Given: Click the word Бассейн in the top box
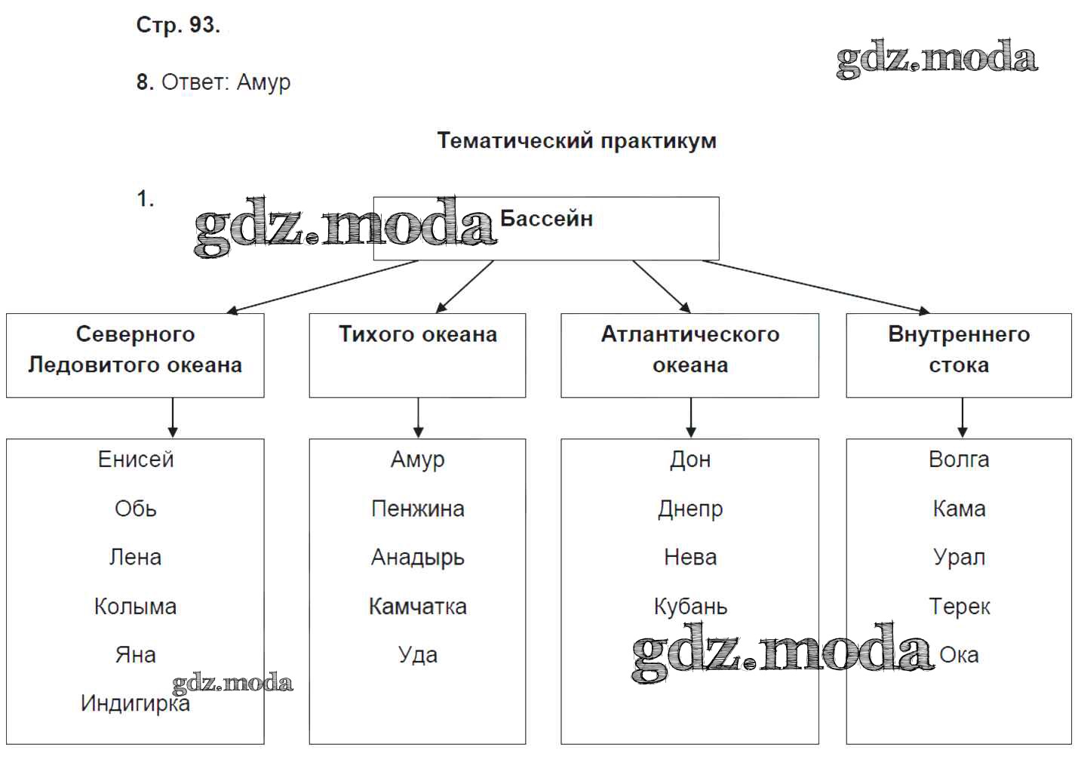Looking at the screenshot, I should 546,219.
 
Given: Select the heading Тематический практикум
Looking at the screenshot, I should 576,141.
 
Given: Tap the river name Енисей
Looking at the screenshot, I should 136,460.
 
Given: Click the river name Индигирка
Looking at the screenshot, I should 135,704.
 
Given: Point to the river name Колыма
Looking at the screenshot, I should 135,607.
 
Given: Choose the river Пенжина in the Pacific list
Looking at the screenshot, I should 417,509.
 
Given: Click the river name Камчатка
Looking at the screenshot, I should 417,607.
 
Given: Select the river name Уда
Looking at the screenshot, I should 417,655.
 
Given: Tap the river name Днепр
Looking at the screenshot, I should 689,509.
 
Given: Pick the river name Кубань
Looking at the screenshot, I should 689,607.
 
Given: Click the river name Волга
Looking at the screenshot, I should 958,460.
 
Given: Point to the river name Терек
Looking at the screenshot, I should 958,607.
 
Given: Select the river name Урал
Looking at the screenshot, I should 958,558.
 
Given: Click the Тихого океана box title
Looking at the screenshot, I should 417,334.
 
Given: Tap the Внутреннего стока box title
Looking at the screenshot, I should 958,349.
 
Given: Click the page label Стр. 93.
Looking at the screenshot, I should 178,26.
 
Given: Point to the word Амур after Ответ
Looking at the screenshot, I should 263,82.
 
